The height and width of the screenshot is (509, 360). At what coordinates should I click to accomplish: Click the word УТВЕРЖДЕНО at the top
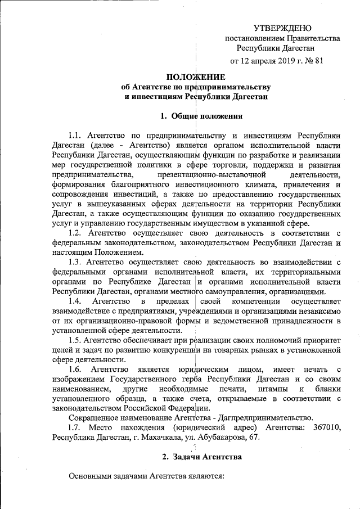click(282, 27)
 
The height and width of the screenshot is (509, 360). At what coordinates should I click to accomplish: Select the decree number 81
click(318, 61)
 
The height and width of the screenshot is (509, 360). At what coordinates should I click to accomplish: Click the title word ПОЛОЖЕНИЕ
click(195, 77)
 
